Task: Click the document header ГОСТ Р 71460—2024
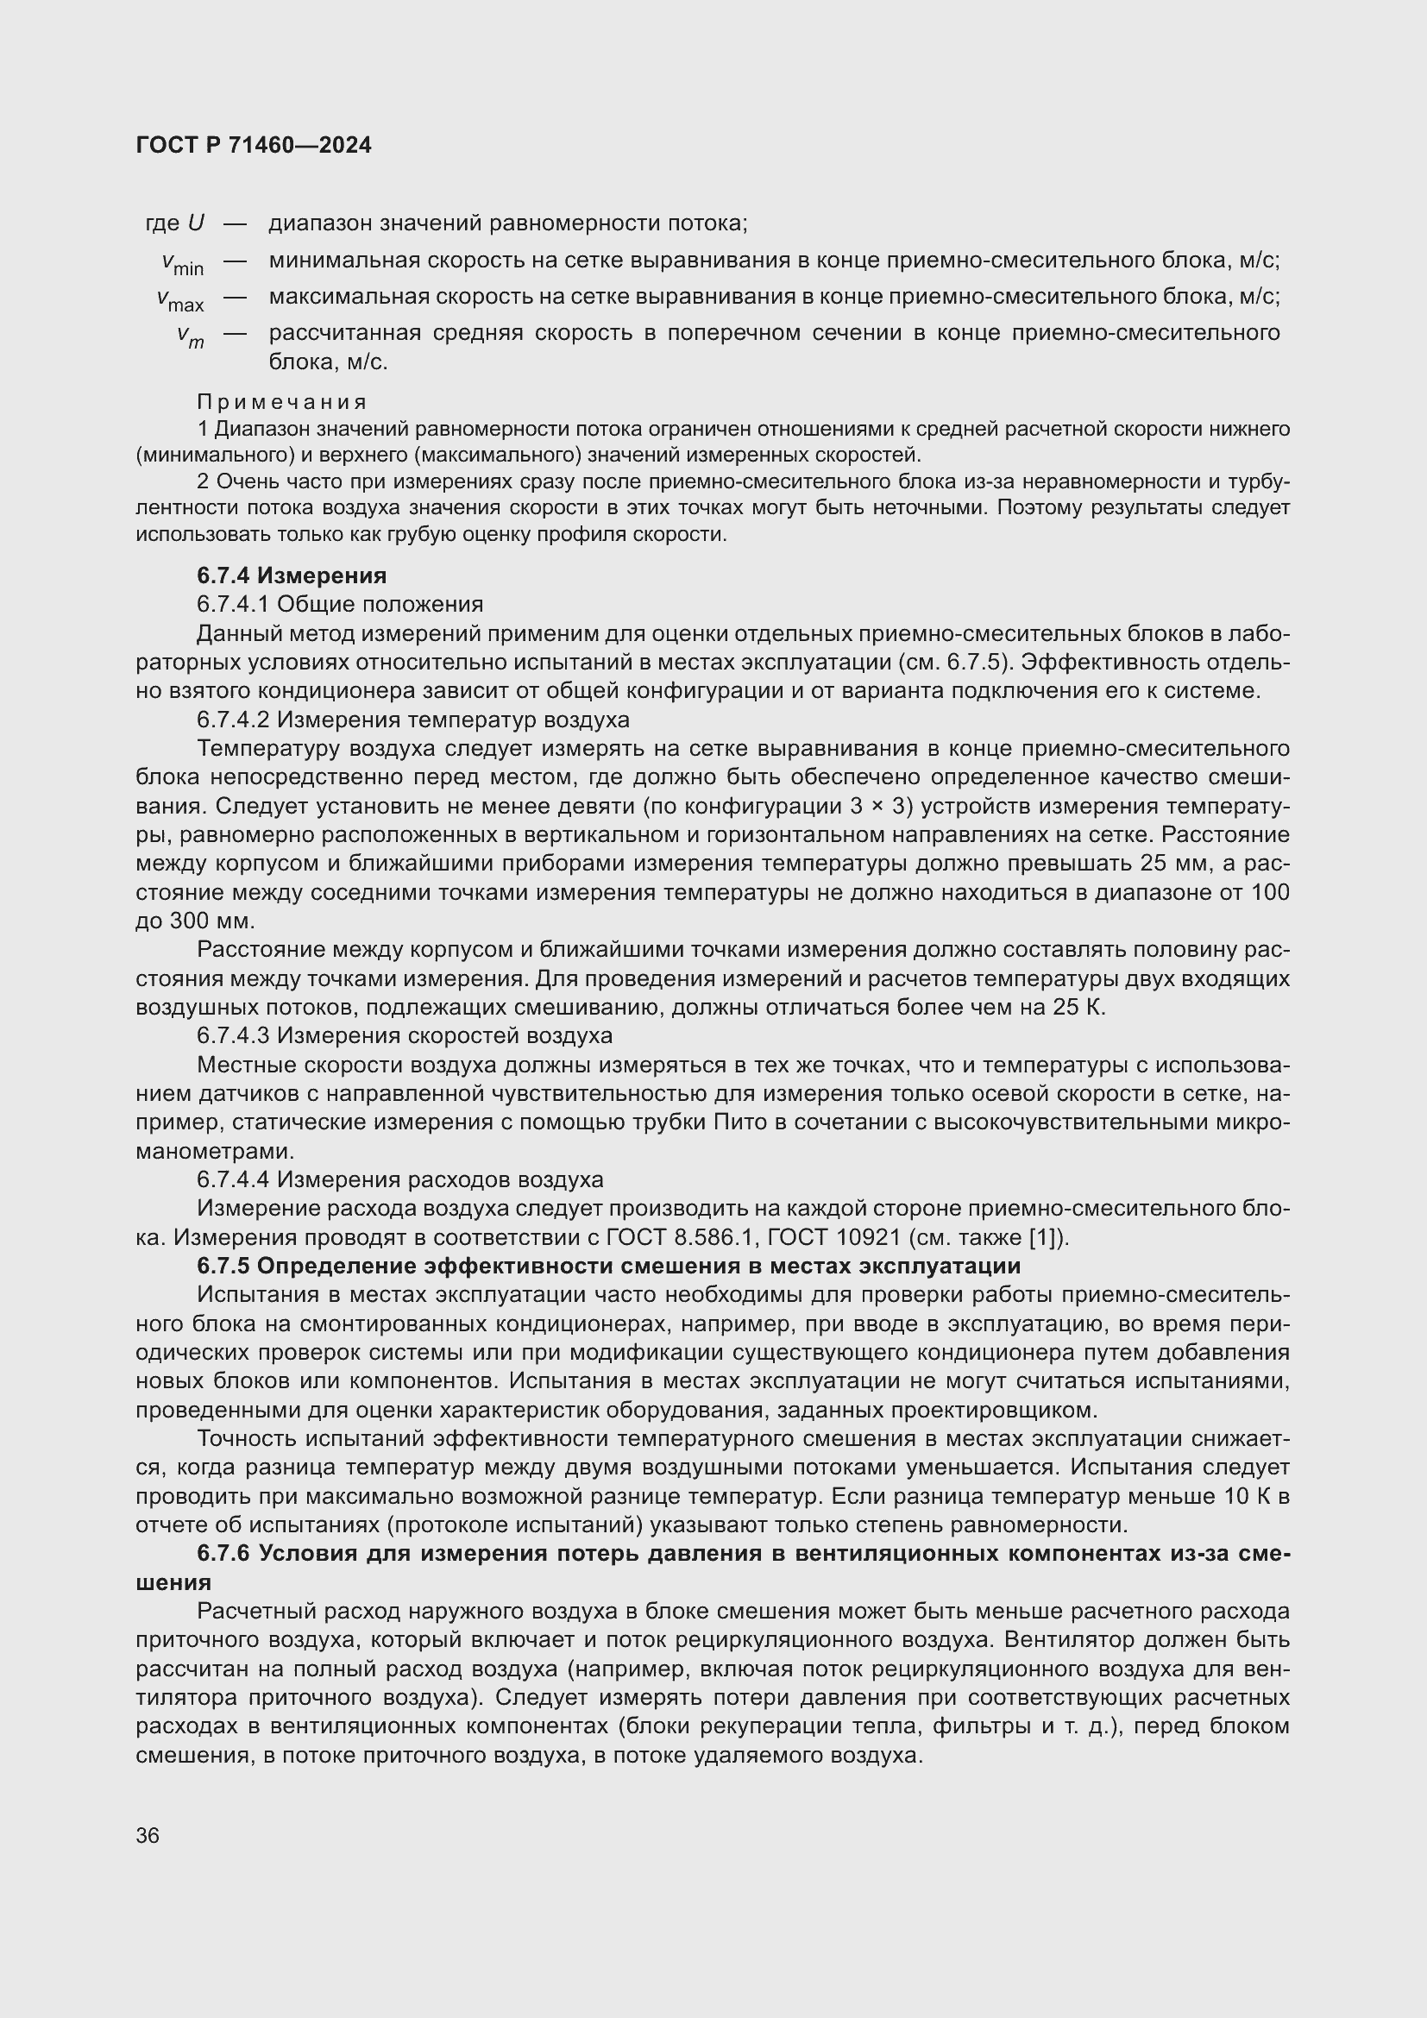[254, 145]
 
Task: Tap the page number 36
[148, 1834]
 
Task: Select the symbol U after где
[195, 223]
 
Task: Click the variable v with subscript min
[182, 263]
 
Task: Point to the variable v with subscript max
[180, 299]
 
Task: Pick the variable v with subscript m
[190, 336]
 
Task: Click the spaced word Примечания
[281, 402]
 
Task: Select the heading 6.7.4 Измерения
[292, 575]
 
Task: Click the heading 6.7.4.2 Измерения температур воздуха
[413, 719]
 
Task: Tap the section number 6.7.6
[223, 1554]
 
